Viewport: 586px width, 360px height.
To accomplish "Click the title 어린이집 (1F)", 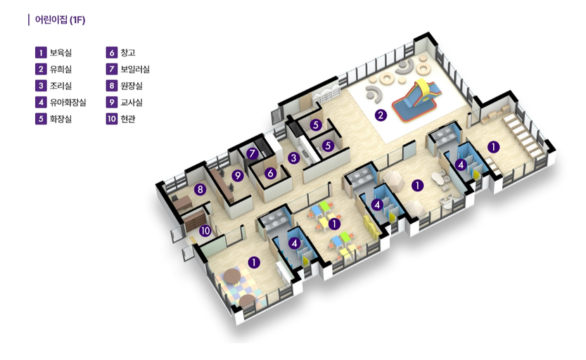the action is (60, 20).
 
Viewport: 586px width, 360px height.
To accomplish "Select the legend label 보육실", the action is (60, 53).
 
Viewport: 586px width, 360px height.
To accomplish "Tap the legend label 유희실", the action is (60, 69).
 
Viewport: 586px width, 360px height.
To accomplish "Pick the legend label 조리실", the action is (60, 86).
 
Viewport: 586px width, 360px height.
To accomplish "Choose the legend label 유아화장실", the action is (68, 103).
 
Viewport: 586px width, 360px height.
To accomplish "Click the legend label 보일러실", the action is (135, 69).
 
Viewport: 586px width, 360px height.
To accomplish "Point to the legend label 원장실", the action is (131, 86).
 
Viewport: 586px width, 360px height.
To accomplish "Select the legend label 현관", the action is (128, 119).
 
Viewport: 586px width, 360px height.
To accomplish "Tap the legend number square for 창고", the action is (112, 53).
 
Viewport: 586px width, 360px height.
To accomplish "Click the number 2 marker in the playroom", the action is (381, 115).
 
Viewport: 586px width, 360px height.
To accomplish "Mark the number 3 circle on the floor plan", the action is (294, 158).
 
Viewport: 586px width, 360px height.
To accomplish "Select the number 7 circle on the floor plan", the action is (253, 153).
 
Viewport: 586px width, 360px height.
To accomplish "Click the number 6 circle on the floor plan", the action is (271, 173).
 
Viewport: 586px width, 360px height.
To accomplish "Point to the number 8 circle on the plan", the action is (200, 190).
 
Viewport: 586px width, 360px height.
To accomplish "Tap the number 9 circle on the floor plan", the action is (237, 175).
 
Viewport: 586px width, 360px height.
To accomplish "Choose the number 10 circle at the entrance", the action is (205, 231).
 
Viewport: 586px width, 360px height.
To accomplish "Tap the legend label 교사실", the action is (131, 103).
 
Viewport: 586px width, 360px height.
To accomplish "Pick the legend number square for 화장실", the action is (41, 119).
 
